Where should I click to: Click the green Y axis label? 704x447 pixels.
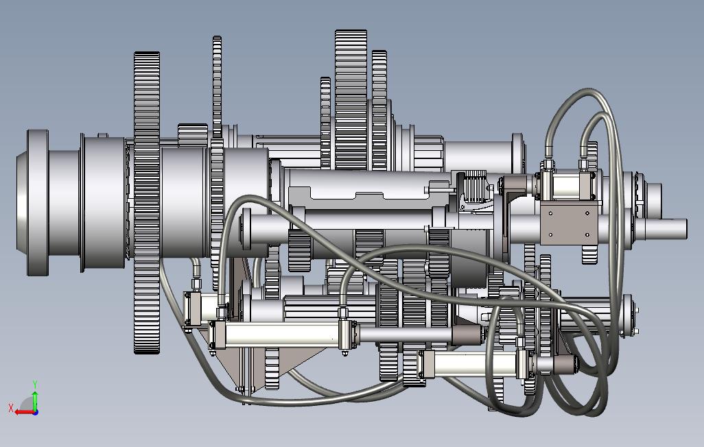[35, 385]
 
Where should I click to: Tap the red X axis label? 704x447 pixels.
[11, 408]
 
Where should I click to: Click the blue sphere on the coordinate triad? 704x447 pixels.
[36, 411]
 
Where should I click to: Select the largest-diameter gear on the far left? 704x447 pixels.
[147, 202]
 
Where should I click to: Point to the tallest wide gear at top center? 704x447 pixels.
[351, 99]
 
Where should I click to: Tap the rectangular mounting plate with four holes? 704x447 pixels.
[570, 223]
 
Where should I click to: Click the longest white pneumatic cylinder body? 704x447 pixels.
[281, 335]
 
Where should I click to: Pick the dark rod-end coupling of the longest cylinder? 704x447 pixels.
[467, 335]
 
